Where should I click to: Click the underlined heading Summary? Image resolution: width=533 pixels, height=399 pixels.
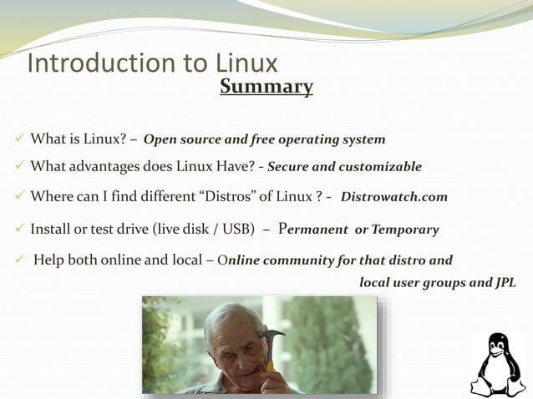(x=266, y=87)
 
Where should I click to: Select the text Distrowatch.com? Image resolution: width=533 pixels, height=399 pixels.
(x=393, y=198)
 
